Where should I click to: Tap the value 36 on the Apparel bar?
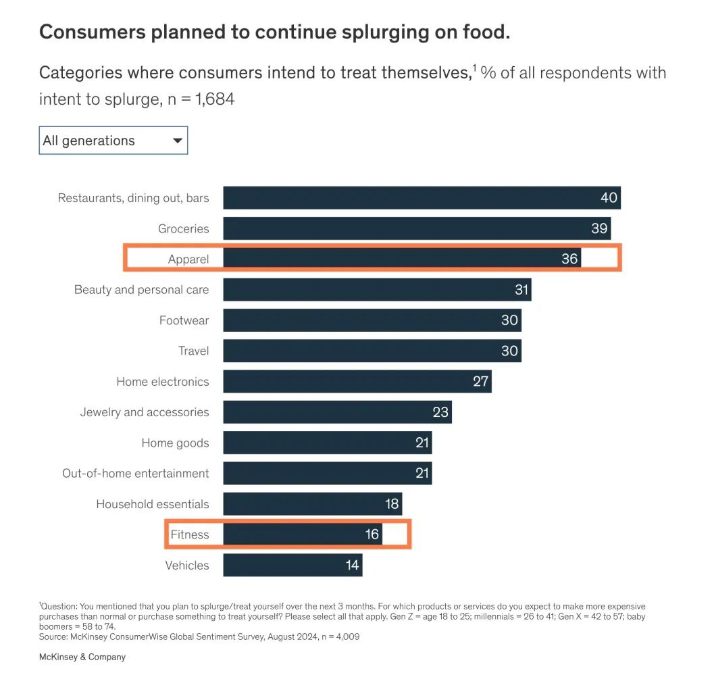(x=569, y=259)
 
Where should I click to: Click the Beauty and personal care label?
(x=141, y=290)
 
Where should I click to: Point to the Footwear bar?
(x=372, y=320)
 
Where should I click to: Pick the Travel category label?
(x=193, y=351)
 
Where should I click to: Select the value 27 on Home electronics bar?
(x=480, y=381)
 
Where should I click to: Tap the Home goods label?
(x=175, y=443)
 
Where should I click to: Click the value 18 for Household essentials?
(x=392, y=504)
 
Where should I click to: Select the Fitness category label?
(x=190, y=534)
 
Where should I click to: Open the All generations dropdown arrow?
(x=178, y=141)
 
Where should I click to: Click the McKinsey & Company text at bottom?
(x=82, y=657)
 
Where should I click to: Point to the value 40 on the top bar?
(x=609, y=198)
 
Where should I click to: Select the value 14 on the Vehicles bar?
(x=352, y=565)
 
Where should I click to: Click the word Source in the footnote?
(x=53, y=636)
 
